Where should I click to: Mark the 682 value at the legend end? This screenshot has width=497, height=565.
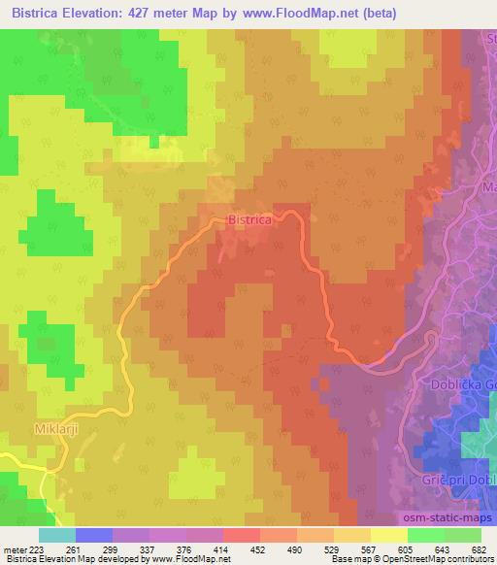tap(478, 549)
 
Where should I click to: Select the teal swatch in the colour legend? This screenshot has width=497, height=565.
tap(57, 536)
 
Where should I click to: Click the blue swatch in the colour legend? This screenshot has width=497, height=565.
tap(94, 536)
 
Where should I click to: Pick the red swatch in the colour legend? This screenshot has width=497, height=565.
tap(242, 536)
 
